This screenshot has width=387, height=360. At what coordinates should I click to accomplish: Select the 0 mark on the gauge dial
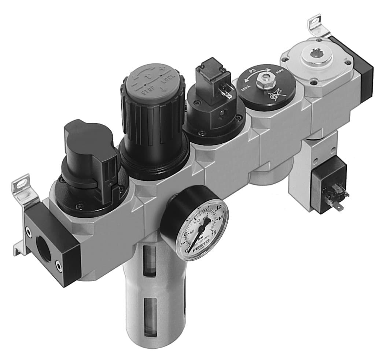pos(188,250)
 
